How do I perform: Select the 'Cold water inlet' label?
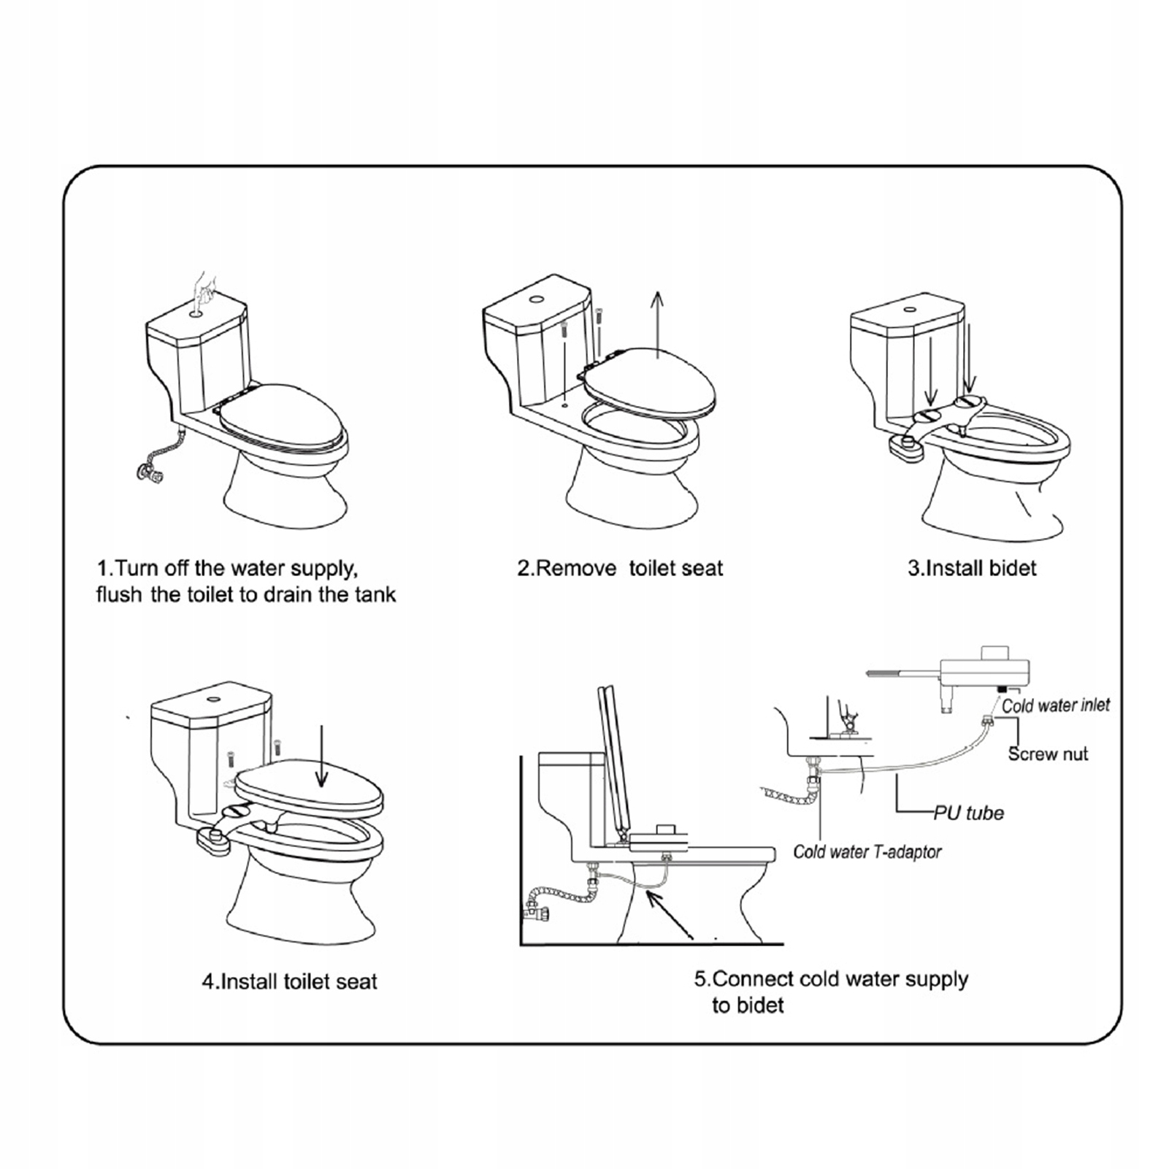(1055, 705)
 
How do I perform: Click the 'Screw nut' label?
(1048, 754)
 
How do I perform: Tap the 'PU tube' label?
(969, 813)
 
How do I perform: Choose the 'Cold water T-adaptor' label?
(867, 851)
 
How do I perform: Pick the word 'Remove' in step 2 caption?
(577, 568)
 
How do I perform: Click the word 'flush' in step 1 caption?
(119, 594)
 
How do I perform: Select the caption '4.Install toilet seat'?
(289, 981)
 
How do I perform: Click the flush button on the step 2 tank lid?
(537, 299)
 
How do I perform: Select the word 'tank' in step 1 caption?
(375, 594)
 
